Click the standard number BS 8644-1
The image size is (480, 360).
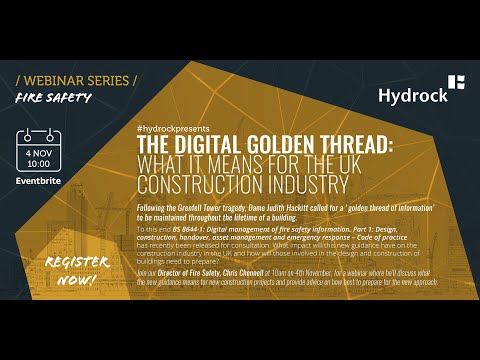pos(199,227)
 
